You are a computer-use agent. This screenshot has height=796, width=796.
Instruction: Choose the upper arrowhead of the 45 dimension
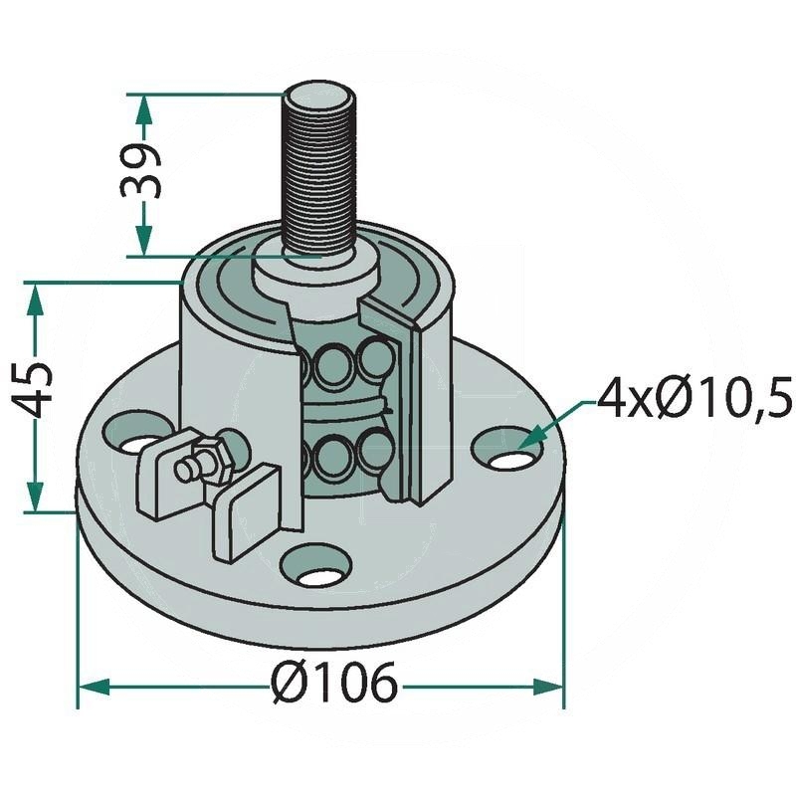point(37,297)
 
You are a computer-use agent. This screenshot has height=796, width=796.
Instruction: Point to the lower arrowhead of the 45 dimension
point(37,497)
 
